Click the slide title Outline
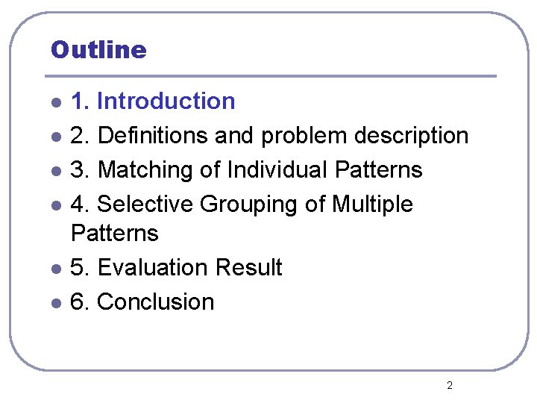click(x=98, y=50)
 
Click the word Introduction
click(x=166, y=101)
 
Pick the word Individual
click(x=278, y=170)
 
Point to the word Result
click(x=248, y=267)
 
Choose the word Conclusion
click(x=156, y=302)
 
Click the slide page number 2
click(x=449, y=385)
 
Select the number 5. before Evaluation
click(x=80, y=267)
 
